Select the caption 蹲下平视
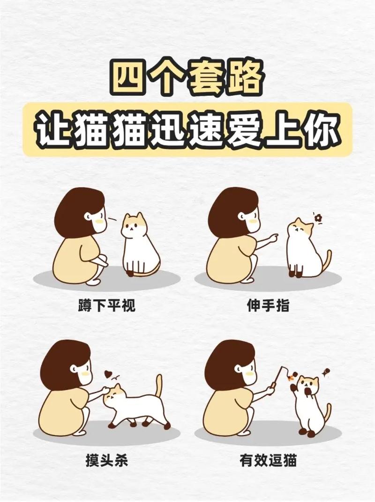click(x=106, y=306)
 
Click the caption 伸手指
click(x=268, y=306)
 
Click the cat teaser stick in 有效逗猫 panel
click(x=279, y=377)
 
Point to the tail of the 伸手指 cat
click(x=327, y=261)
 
